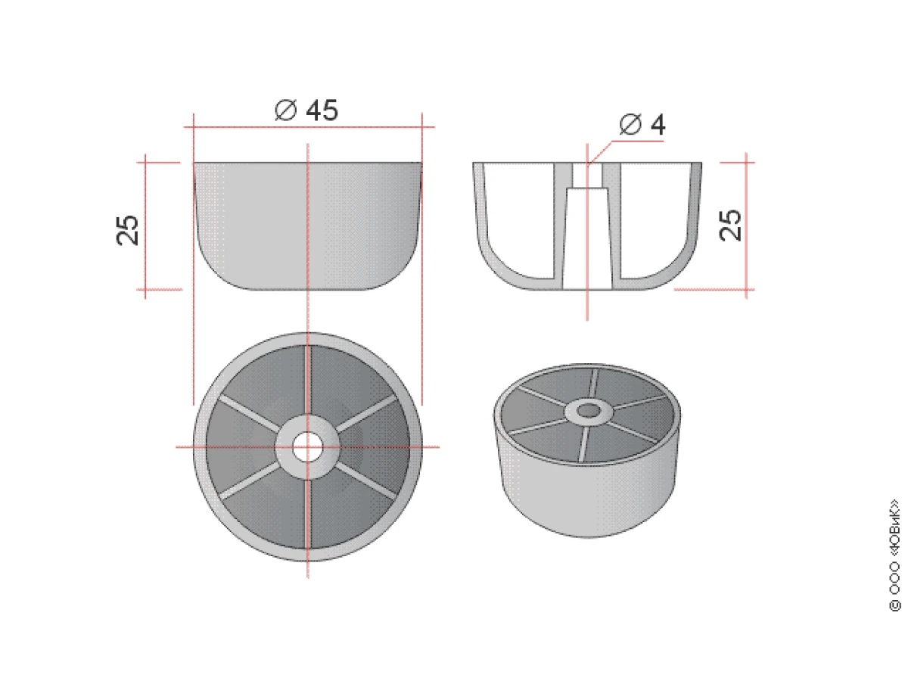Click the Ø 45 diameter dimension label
[306, 110]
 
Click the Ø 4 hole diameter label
[642, 124]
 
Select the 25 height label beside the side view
[127, 230]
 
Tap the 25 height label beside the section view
[730, 225]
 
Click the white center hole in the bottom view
[307, 447]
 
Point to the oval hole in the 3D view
[588, 411]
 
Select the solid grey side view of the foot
[307, 225]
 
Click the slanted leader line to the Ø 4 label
[600, 153]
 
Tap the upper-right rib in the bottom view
[367, 414]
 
